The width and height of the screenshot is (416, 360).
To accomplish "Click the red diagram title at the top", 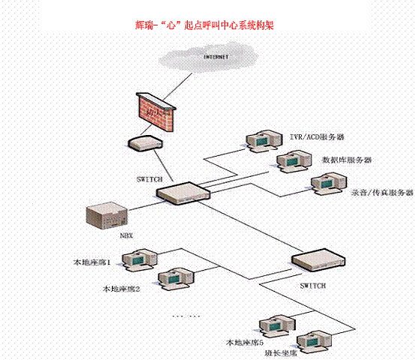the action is (x=204, y=25).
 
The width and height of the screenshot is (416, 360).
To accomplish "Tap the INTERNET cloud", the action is (x=209, y=58).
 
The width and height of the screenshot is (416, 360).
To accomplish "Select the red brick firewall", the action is (x=156, y=112).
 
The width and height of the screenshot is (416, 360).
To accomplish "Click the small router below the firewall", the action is (x=146, y=143).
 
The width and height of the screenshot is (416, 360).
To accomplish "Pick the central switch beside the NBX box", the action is (x=183, y=193).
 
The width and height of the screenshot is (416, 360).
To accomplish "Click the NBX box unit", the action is (x=107, y=216).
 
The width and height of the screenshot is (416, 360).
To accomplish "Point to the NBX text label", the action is (x=126, y=235).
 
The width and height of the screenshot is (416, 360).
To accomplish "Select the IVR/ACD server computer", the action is (x=263, y=141).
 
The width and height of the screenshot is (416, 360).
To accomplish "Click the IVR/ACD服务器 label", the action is (x=317, y=137).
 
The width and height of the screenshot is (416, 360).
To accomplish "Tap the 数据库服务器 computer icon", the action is (x=294, y=162).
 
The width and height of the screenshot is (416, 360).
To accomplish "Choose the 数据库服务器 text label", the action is (x=347, y=160).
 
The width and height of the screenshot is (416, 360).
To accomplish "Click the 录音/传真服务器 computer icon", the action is (x=328, y=184).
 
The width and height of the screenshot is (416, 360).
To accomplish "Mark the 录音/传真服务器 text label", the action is (x=382, y=193).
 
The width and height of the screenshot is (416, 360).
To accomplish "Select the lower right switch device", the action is (x=318, y=259).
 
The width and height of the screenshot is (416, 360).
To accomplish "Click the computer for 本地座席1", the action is (x=140, y=259).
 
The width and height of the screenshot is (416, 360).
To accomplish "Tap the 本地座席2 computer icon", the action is (x=176, y=279).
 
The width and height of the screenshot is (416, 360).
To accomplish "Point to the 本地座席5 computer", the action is (x=277, y=326).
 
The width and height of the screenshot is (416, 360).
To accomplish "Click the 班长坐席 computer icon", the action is (x=314, y=342).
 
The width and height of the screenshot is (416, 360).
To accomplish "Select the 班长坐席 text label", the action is (x=280, y=352).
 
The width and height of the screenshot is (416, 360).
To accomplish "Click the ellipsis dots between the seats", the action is (x=185, y=316).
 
